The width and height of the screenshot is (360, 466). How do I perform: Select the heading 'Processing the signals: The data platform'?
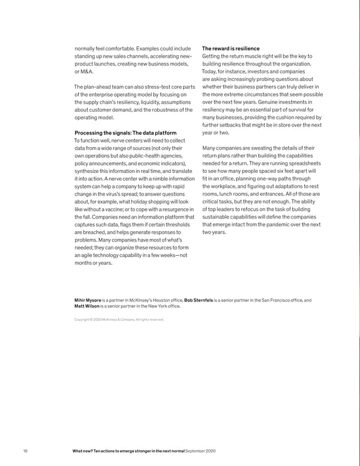(x=125, y=133)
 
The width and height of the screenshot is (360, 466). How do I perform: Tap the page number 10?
(x=25, y=450)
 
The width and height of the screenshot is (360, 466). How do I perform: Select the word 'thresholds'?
(x=173, y=224)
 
